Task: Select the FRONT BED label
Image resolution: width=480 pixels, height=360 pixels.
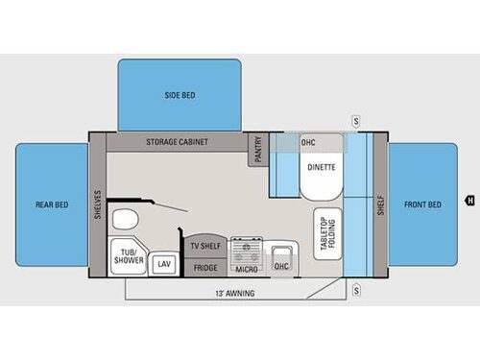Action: [423, 204]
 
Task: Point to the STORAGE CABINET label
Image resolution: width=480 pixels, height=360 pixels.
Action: [178, 141]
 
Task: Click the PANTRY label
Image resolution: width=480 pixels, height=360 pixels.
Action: [258, 149]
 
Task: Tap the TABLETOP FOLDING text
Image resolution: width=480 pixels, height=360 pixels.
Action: [326, 232]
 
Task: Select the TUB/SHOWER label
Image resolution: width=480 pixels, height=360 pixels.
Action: [128, 256]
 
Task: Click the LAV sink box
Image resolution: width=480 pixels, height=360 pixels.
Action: [163, 263]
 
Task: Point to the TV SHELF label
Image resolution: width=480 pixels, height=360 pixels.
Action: [206, 246]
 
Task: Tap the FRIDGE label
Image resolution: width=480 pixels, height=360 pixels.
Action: [206, 267]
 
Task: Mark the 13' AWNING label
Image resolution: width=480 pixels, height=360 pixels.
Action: [236, 292]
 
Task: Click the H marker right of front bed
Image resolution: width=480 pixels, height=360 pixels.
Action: [469, 201]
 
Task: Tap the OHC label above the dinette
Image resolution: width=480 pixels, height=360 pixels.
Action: [308, 142]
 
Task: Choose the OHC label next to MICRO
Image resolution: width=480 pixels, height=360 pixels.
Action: [282, 266]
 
